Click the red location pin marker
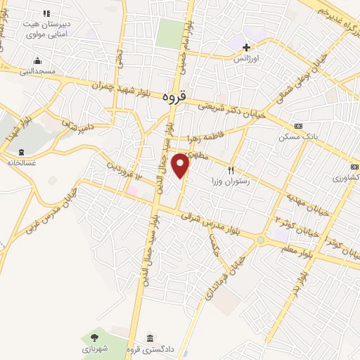(182, 165)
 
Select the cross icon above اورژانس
(245, 47)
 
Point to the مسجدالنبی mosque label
(34, 71)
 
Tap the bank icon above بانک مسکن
(299, 126)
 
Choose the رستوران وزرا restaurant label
(231, 181)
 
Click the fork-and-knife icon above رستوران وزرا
(230, 169)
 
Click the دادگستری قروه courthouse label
(150, 349)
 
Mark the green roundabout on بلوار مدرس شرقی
(262, 240)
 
